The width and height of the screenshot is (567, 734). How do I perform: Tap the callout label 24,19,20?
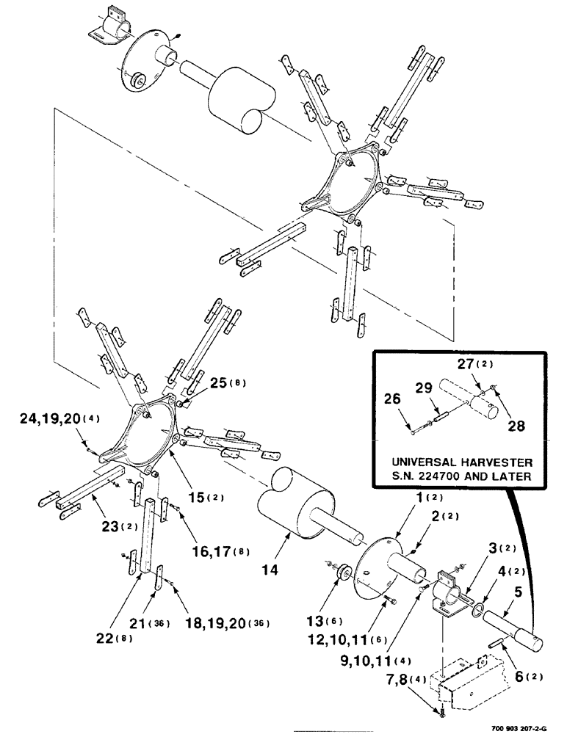[47, 420]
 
